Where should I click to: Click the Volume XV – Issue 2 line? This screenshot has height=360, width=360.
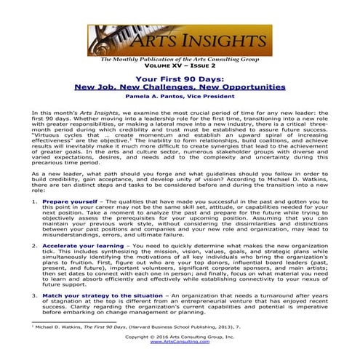(x=179, y=64)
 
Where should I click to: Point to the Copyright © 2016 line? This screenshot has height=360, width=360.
(x=179, y=336)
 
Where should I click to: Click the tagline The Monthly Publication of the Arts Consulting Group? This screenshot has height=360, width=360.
(x=179, y=58)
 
